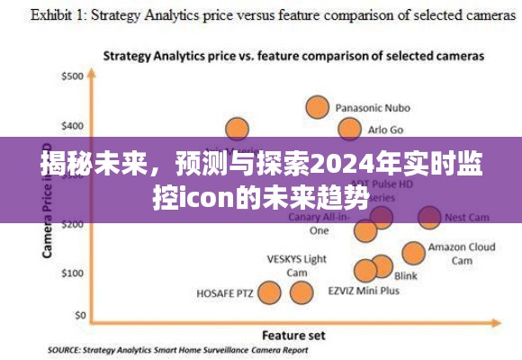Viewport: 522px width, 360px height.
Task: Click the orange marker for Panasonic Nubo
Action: [317, 107]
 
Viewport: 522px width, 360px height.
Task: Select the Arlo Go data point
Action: [349, 129]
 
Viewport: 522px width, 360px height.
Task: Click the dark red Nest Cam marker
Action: [429, 217]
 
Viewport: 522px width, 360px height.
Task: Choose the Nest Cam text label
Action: [467, 217]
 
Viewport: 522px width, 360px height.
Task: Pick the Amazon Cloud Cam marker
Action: [413, 253]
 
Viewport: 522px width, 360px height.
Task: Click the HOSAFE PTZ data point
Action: [269, 292]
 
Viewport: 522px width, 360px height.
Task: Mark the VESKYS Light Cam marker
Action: [300, 292]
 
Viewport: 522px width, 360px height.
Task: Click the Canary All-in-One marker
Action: [364, 230]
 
